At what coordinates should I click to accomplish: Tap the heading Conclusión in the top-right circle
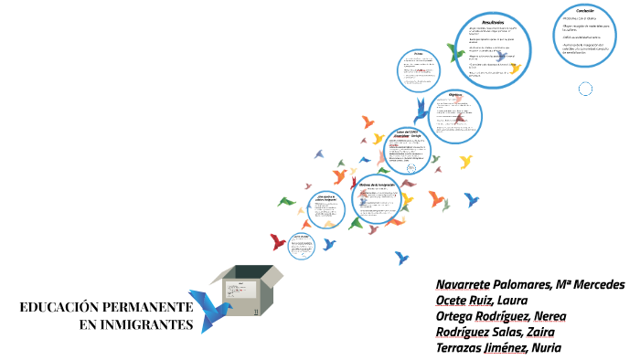coord(573,10)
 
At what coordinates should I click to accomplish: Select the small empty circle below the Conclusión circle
coord(586,88)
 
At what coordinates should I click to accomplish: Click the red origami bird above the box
coord(277,241)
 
